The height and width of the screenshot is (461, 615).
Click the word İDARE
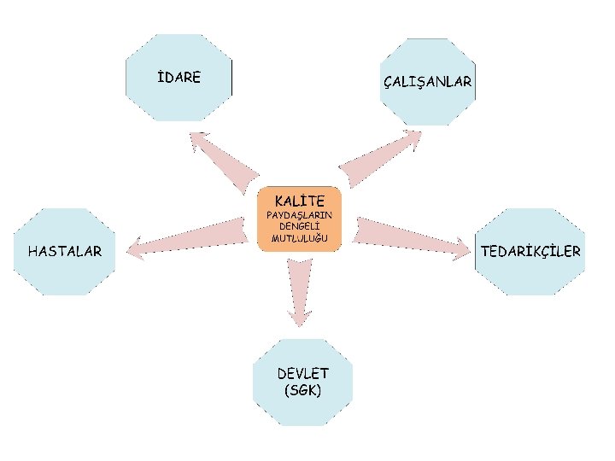(x=179, y=78)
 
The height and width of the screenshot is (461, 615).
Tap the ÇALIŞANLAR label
(x=427, y=82)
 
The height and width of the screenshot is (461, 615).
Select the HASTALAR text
(x=65, y=251)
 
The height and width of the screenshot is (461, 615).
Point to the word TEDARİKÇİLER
(x=530, y=251)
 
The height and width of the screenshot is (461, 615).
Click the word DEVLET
(x=303, y=374)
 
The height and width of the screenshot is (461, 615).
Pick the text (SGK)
(x=303, y=390)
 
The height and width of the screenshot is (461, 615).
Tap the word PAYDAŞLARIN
(x=299, y=215)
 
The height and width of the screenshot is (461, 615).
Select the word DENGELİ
(x=299, y=226)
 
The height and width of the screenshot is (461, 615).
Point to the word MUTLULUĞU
(x=299, y=238)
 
